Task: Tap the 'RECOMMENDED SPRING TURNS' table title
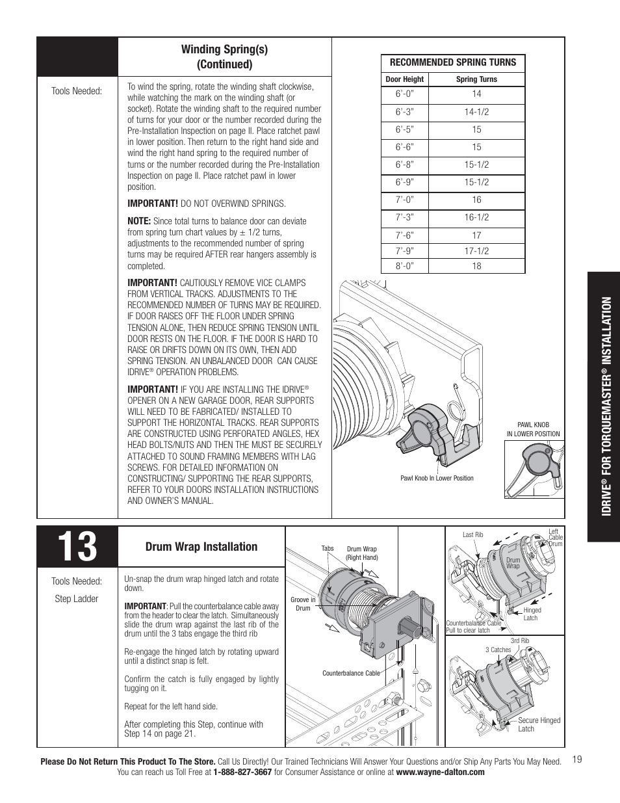pyautogui.click(x=452, y=62)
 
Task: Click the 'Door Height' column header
pyautogui.click(x=404, y=79)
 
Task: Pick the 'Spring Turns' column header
pyautogui.click(x=476, y=79)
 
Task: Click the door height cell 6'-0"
pyautogui.click(x=404, y=94)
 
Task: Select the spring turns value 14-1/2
pyautogui.click(x=476, y=112)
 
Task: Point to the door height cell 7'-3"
pyautogui.click(x=404, y=218)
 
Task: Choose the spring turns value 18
pyautogui.click(x=476, y=266)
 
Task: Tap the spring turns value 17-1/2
pyautogui.click(x=476, y=250)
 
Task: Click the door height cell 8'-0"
pyautogui.click(x=404, y=266)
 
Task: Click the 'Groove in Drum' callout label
pyautogui.click(x=303, y=604)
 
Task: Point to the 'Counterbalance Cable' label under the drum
pyautogui.click(x=351, y=673)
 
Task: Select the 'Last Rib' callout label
pyautogui.click(x=472, y=535)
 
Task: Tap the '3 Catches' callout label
pyautogui.click(x=498, y=650)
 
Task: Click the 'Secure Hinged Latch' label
pyautogui.click(x=539, y=724)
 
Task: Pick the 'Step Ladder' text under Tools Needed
pyautogui.click(x=77, y=599)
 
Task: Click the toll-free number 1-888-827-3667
pyautogui.click(x=238, y=772)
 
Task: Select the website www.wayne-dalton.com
pyautogui.click(x=440, y=772)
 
